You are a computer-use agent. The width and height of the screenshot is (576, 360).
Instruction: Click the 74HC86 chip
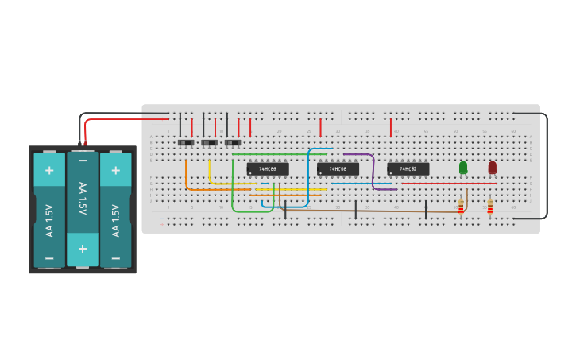(267, 169)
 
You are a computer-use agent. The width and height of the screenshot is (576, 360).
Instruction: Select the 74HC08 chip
(338, 169)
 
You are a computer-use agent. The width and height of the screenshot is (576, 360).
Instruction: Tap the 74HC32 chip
(408, 169)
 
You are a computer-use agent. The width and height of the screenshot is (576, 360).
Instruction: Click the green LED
(463, 167)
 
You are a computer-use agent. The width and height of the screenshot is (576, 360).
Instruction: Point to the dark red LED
(493, 167)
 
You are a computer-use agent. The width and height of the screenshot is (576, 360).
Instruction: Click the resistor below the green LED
(461, 206)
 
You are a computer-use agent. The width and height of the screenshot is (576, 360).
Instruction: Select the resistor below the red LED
(490, 206)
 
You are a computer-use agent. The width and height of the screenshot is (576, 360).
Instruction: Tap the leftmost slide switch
(186, 143)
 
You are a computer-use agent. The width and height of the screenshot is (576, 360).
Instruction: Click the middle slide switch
(209, 143)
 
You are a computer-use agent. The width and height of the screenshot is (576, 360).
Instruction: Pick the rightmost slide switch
(233, 143)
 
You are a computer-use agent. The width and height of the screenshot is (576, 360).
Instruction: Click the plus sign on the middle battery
(83, 250)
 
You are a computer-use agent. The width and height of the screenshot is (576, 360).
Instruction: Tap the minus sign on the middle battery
(83, 161)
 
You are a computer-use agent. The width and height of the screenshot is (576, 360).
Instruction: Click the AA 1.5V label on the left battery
(49, 221)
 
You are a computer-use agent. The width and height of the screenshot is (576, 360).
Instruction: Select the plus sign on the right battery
(116, 170)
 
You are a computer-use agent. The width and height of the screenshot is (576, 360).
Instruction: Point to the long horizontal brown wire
(373, 211)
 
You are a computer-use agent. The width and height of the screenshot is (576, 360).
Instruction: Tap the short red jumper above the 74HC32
(391, 128)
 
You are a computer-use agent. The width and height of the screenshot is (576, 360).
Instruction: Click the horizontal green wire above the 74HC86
(278, 154)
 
